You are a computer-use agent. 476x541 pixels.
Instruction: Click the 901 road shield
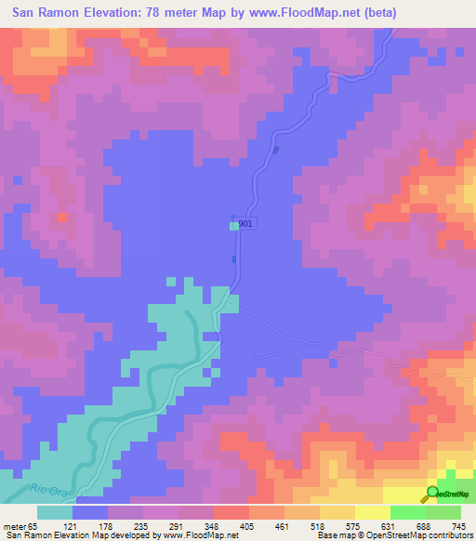click(x=245, y=224)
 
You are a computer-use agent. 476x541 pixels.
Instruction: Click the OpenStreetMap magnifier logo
click(x=433, y=495)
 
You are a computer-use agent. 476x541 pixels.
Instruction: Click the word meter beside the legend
click(x=15, y=526)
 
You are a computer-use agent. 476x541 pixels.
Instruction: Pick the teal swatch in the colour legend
click(x=55, y=512)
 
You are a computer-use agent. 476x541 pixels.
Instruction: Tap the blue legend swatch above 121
click(x=90, y=512)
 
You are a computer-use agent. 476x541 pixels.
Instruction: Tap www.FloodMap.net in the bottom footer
click(x=197, y=536)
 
